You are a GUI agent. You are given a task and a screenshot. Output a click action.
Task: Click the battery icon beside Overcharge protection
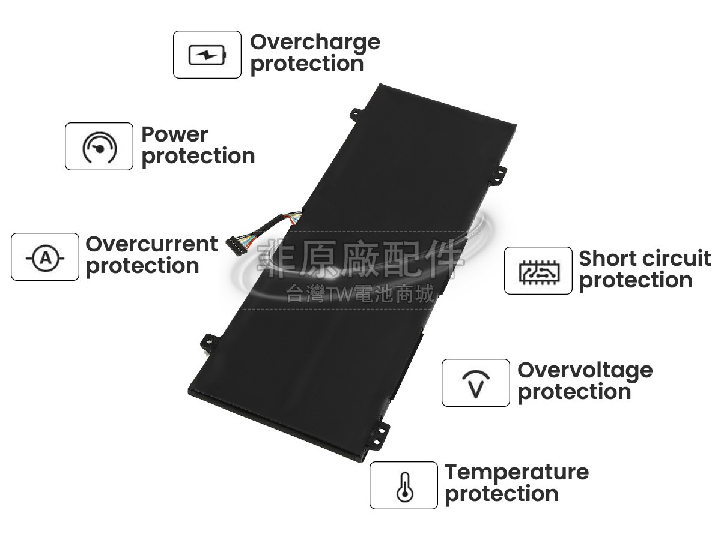(207, 55)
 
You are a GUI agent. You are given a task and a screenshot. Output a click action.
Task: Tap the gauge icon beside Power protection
(99, 147)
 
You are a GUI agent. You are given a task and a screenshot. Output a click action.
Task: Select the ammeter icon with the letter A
(45, 257)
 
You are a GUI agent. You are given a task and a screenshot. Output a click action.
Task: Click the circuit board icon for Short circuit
(538, 271)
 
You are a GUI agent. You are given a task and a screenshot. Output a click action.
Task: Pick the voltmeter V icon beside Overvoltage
(475, 383)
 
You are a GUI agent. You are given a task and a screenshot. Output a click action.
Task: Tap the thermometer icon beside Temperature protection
(403, 486)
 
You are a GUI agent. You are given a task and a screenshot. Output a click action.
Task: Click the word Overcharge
(315, 43)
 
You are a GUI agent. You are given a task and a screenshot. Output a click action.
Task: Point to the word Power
(174, 134)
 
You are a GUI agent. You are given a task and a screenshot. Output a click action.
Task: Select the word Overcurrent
(151, 244)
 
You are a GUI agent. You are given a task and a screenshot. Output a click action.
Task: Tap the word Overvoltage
(584, 370)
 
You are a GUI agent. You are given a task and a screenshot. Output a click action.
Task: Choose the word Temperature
(516, 472)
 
